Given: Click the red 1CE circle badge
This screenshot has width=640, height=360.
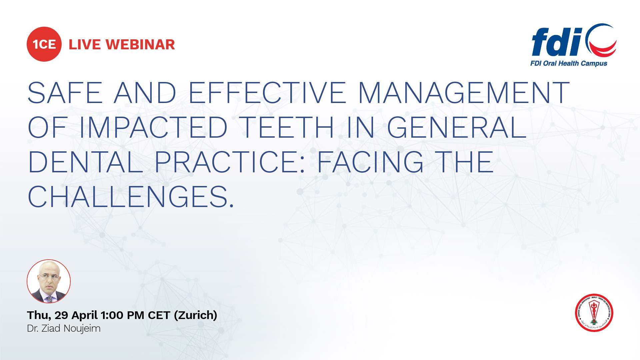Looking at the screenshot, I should tap(44, 44).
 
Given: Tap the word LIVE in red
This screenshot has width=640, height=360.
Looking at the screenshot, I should tap(84, 45).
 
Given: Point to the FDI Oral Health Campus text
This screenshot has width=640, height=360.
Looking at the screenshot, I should tap(569, 63).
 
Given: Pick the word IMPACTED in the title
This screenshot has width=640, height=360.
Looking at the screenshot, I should tap(153, 127).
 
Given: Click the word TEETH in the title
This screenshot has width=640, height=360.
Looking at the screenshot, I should tap(287, 127).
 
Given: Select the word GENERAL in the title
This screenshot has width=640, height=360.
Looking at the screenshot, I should tap(457, 127).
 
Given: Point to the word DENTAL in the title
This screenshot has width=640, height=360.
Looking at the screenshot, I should tap(86, 162).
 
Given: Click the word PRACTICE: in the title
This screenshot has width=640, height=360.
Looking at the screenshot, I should tap(230, 162).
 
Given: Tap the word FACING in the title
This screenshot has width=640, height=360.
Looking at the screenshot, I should tap(370, 162).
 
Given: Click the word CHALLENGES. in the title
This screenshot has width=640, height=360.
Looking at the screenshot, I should tap(131, 197).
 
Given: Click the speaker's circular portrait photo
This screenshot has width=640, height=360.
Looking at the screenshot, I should tap(49, 281).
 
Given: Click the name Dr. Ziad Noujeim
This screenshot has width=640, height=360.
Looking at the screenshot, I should tap(64, 328).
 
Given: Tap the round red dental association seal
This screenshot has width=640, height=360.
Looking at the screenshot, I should tap(594, 313).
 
